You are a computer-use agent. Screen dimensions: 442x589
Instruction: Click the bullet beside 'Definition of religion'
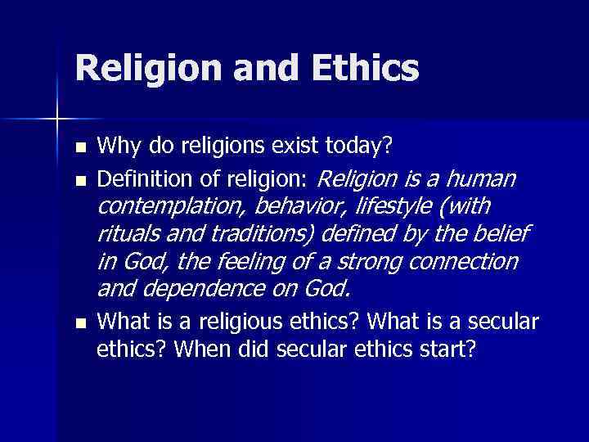[79, 178]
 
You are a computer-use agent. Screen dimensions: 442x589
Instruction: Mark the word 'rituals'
[127, 234]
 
